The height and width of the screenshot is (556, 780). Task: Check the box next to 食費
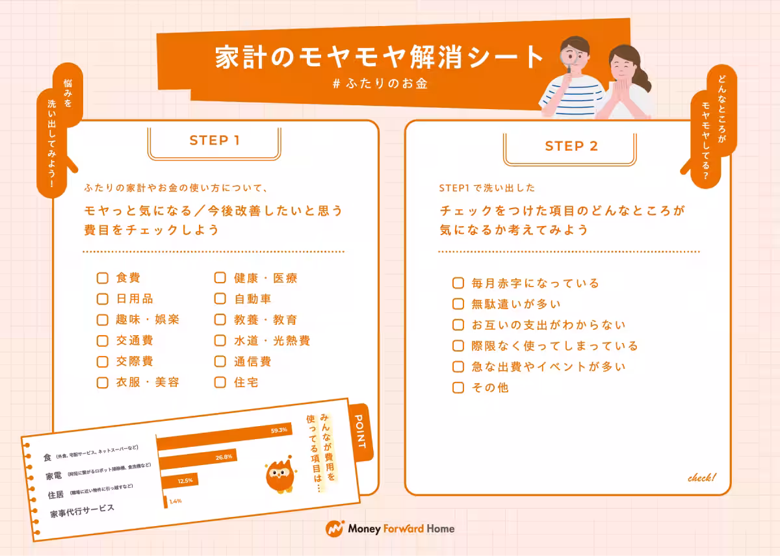[102, 278]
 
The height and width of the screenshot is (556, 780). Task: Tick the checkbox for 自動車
[220, 299]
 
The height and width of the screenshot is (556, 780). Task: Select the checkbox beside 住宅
[220, 382]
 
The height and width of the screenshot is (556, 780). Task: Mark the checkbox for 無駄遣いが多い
[458, 304]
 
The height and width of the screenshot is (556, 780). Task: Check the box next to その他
[458, 388]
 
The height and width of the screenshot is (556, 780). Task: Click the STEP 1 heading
[214, 141]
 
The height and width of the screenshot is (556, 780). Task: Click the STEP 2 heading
[571, 146]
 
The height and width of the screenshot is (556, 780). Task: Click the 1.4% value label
[174, 501]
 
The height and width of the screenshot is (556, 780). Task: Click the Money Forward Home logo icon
[334, 529]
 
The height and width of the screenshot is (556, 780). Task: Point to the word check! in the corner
[701, 478]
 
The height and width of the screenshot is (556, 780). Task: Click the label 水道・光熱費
[272, 340]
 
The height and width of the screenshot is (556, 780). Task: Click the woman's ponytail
[643, 77]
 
